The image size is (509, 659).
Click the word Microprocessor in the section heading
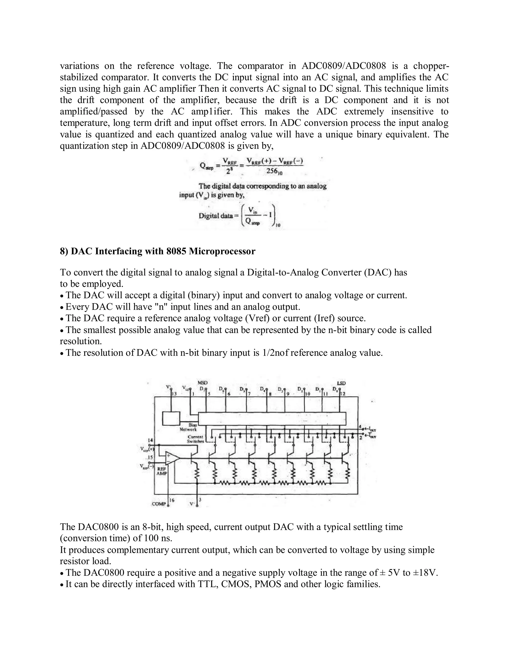coord(222,251)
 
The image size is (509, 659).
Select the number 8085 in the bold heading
coord(176,251)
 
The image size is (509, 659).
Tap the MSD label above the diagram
coord(203,383)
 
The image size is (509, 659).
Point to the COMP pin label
coord(159,504)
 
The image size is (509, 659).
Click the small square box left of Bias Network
coord(171,419)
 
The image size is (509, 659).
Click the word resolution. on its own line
coord(81,341)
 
